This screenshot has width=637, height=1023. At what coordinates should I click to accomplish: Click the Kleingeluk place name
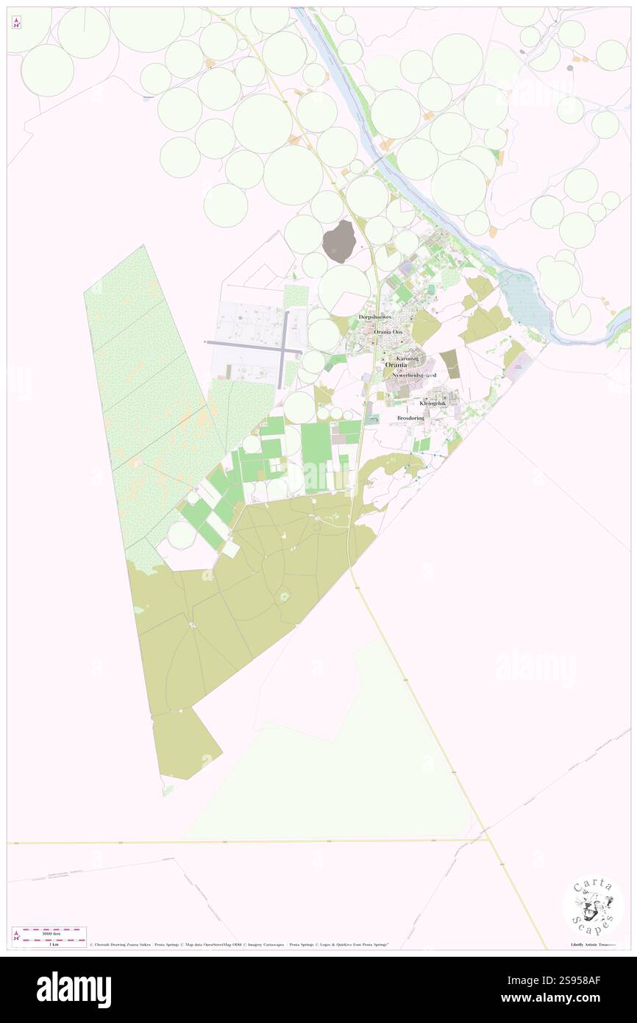pos(433,403)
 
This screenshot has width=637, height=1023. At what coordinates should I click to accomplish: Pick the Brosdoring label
pos(411,417)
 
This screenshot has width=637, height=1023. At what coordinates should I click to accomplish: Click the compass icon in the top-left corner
pos(17,23)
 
